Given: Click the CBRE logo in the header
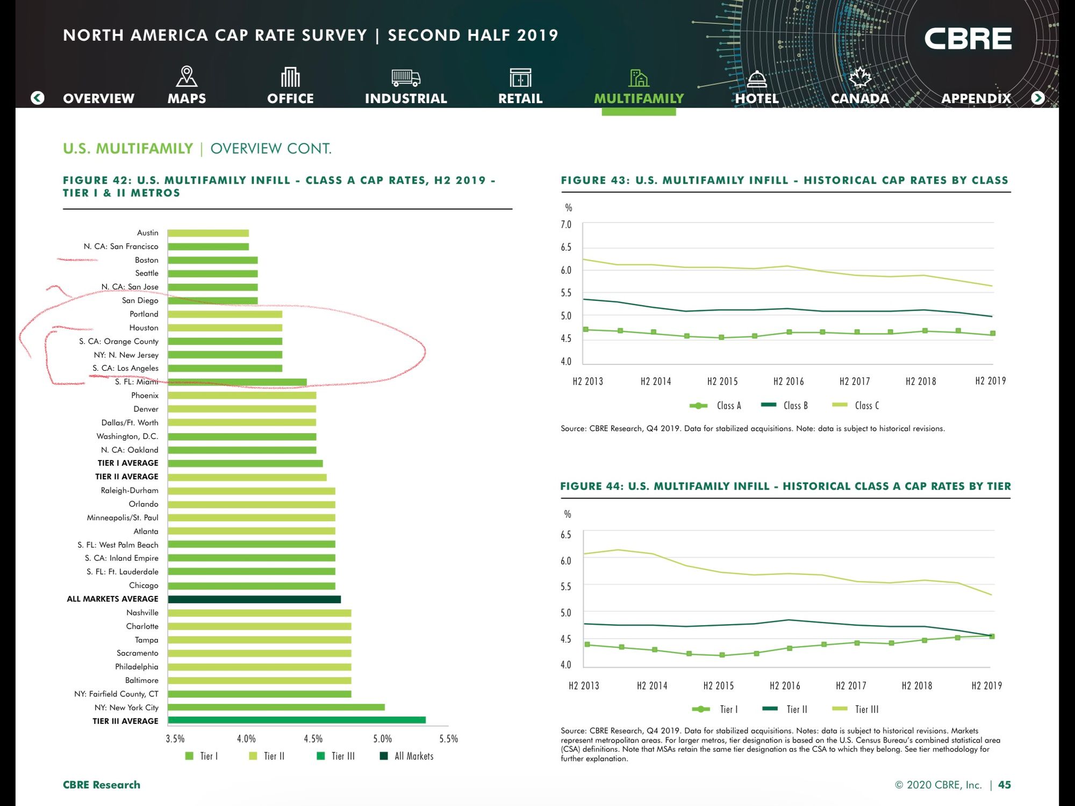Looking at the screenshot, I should (x=967, y=39).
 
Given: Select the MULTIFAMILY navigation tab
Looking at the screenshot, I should (x=639, y=98).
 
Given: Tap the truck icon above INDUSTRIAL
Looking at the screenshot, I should (x=406, y=78).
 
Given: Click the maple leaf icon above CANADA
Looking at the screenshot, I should (x=859, y=77).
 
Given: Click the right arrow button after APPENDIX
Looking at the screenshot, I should (x=1038, y=98).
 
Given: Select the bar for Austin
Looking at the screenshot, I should (x=208, y=233).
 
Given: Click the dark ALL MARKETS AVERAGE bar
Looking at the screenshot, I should (x=254, y=599).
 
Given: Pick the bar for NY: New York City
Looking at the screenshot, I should (x=276, y=707).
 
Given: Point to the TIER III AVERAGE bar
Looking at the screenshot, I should (x=296, y=721).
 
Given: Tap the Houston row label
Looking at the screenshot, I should (x=144, y=328).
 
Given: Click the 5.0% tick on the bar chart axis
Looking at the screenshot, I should (x=382, y=739).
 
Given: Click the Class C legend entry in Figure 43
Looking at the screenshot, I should (x=856, y=406).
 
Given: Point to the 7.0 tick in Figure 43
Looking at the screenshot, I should (x=566, y=225).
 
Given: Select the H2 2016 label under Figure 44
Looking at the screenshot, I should (x=785, y=686).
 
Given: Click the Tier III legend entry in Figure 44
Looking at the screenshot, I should (x=856, y=709).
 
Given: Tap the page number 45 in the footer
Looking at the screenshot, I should (x=1004, y=785).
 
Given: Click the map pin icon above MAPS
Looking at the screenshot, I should (x=187, y=77).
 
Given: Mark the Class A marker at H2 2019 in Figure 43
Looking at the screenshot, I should (x=992, y=334).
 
